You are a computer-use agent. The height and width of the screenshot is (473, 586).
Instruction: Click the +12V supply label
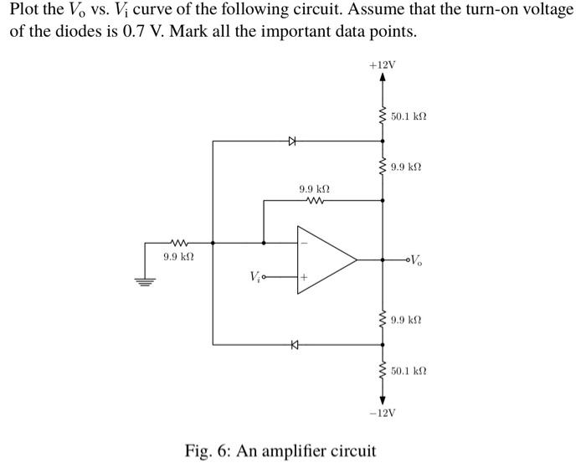[x=383, y=64]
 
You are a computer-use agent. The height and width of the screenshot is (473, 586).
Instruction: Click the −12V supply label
[x=383, y=413]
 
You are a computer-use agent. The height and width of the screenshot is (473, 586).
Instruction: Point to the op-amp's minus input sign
[x=304, y=244]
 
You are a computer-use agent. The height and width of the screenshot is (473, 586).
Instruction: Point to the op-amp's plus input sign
[x=304, y=275]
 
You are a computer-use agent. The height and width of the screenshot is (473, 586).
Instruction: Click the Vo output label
[x=419, y=260]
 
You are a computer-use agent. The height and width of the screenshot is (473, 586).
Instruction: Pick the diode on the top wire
[x=292, y=141]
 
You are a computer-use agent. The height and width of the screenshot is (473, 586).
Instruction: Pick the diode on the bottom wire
[x=294, y=343]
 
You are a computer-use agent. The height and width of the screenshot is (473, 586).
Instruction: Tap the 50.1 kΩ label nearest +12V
[x=409, y=118]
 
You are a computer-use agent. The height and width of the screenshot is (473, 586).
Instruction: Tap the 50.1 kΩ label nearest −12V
[x=409, y=369]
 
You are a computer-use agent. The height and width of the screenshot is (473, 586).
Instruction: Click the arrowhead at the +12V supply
[x=383, y=78]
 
